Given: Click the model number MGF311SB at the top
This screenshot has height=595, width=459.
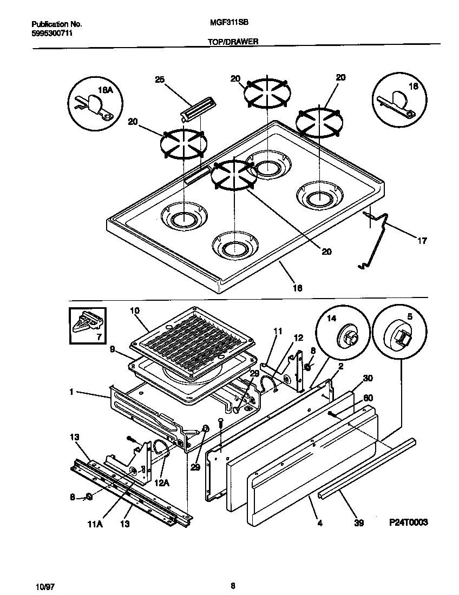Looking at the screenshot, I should [x=225, y=24].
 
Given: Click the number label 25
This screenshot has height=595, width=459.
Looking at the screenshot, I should [x=160, y=80].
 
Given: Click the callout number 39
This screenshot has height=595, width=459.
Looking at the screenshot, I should [x=358, y=523].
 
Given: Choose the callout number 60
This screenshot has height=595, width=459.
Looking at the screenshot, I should [x=368, y=398].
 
